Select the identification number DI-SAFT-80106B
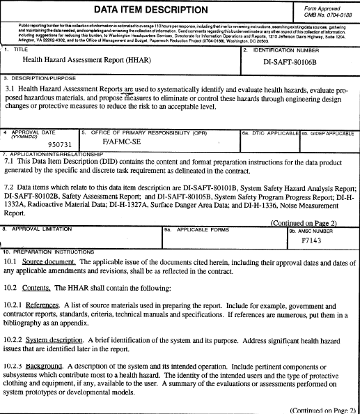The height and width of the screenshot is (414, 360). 301,61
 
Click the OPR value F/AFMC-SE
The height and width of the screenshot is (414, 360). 123,141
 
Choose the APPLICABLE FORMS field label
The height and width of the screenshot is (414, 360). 200,208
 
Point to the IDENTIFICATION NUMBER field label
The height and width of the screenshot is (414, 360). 281,52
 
